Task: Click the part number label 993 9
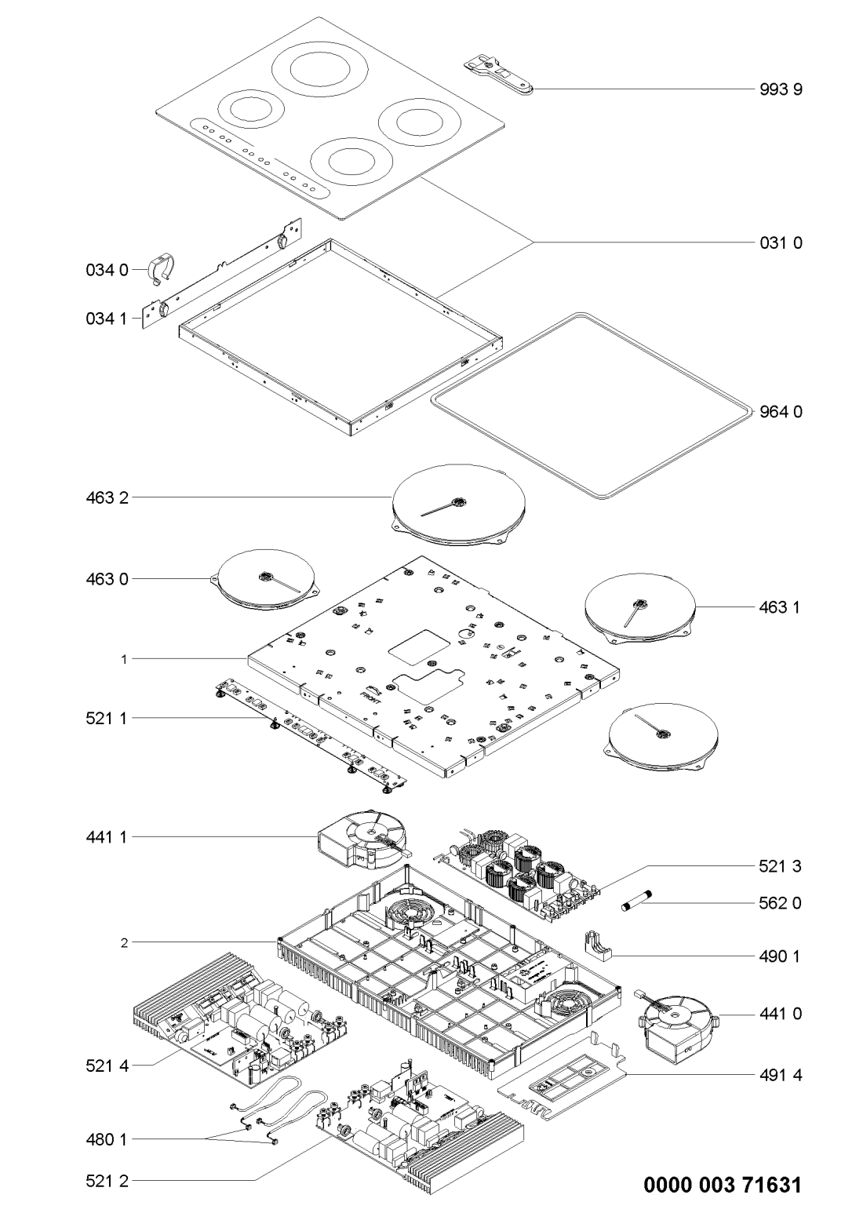pyautogui.click(x=781, y=89)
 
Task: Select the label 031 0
pyautogui.click(x=781, y=243)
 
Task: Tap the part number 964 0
pyautogui.click(x=781, y=411)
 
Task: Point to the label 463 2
pyautogui.click(x=105, y=497)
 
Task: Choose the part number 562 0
pyautogui.click(x=781, y=903)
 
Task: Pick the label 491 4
pyautogui.click(x=781, y=1074)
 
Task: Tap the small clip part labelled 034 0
pyautogui.click(x=160, y=267)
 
